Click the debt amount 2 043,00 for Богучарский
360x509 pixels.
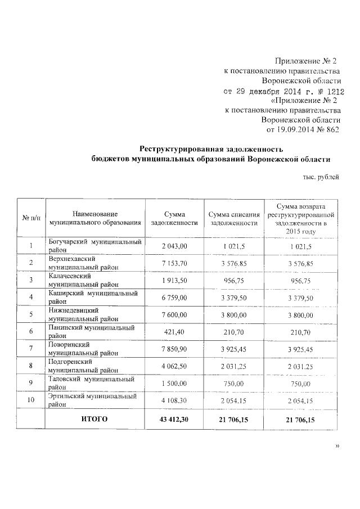tap(174, 246)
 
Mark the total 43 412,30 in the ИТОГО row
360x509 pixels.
tap(174, 419)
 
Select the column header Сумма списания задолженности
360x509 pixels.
tap(233, 219)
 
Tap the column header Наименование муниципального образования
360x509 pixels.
tap(94, 219)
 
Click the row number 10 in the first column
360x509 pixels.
tap(31, 400)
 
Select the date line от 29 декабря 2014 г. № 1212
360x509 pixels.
tap(284, 91)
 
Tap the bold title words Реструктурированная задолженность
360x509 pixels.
tap(211, 149)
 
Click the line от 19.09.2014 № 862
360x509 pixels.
tap(303, 130)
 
